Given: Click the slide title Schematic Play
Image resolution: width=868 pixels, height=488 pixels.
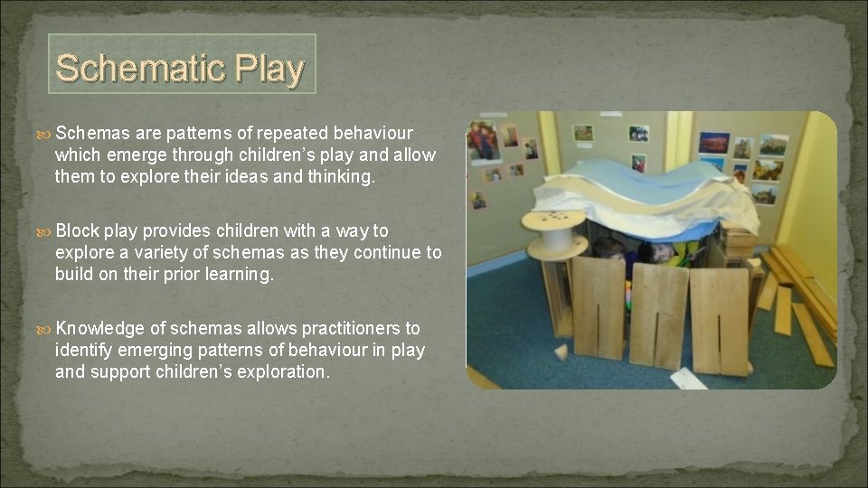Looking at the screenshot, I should point(181,68).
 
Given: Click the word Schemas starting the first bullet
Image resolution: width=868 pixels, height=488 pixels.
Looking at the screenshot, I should point(98,133).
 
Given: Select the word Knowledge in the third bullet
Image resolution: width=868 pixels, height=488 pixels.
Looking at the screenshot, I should point(102,328).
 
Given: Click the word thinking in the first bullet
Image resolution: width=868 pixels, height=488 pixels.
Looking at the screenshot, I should point(342,176).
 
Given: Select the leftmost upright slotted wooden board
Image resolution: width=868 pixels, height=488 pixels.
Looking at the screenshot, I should point(598,307).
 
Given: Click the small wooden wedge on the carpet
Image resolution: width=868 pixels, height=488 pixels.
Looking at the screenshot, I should point(561,352).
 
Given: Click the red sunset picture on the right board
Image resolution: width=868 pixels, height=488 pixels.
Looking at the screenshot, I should point(713,143).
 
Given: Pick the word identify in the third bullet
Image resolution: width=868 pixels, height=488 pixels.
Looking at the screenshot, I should point(84,350).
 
